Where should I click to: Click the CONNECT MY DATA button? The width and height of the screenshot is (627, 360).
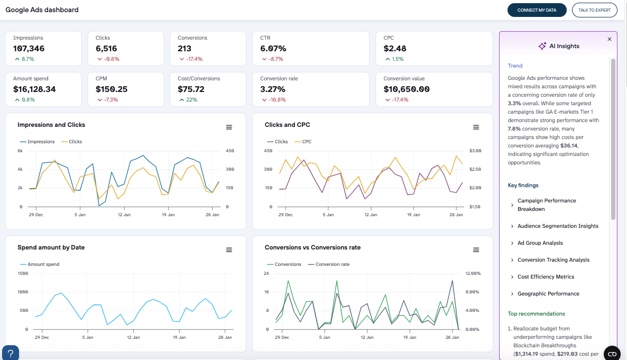click(537, 10)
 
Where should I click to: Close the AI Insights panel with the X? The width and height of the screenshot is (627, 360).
click(609, 39)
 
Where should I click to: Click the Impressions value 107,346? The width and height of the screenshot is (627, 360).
click(29, 49)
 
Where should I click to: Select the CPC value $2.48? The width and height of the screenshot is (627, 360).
click(395, 49)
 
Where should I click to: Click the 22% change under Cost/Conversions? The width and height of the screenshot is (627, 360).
click(191, 99)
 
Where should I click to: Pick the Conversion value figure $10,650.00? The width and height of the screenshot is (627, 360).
click(407, 89)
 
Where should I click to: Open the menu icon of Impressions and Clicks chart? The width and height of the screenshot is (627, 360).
click(229, 127)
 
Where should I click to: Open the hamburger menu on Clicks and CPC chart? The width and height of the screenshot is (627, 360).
click(476, 127)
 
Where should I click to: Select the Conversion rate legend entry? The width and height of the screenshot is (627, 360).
click(332, 264)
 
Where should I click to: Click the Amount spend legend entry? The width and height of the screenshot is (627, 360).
click(43, 264)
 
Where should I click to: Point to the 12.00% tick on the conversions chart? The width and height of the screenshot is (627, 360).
click(472, 273)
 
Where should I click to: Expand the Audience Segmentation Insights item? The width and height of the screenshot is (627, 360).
click(558, 226)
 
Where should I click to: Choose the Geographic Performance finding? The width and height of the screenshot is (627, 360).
click(548, 294)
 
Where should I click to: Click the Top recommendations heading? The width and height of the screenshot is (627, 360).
click(536, 313)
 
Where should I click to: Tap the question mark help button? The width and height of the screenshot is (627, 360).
click(11, 353)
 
